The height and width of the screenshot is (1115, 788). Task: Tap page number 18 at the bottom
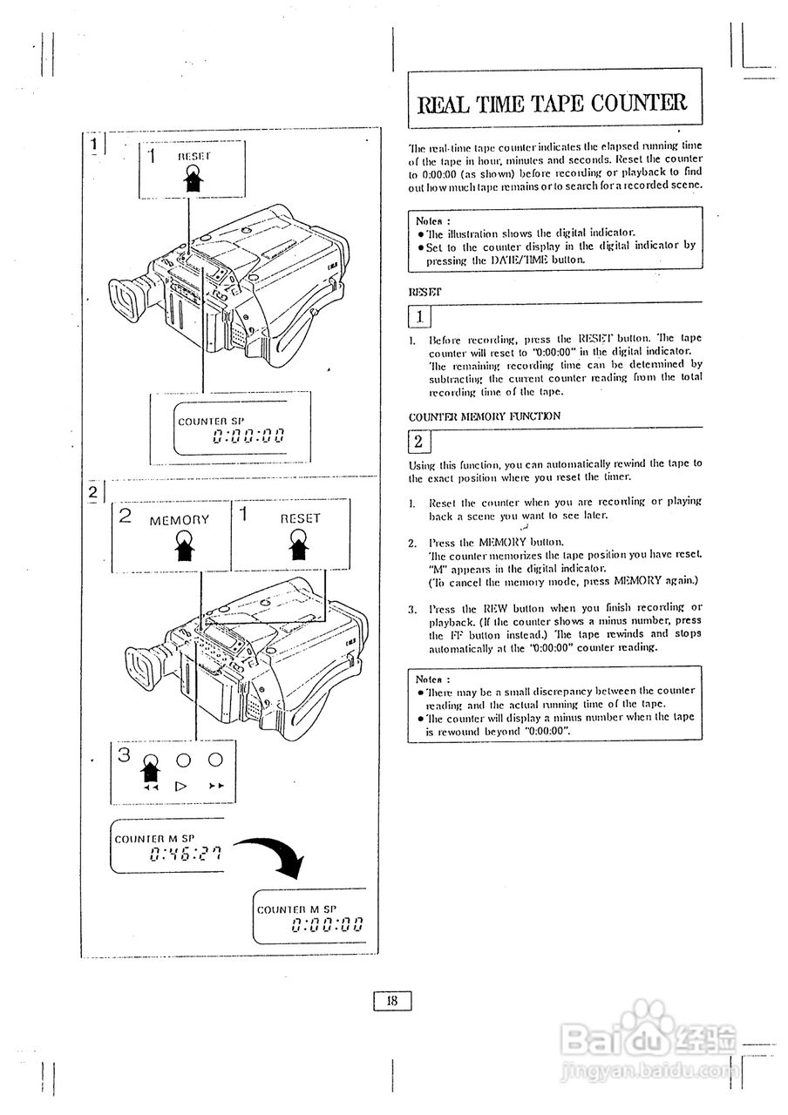(392, 1001)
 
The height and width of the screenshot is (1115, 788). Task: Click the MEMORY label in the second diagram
(180, 520)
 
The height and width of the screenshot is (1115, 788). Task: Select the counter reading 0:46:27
(185, 854)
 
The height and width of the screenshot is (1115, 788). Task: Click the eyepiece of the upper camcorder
(127, 299)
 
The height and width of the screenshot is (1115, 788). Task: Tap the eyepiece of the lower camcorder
(142, 665)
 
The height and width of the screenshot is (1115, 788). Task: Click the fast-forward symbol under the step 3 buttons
(216, 786)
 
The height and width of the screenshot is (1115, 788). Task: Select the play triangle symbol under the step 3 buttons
(182, 786)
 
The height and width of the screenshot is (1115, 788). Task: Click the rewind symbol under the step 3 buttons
(150, 786)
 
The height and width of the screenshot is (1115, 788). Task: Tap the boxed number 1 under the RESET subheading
(419, 315)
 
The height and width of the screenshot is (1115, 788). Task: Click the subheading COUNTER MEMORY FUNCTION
(485, 416)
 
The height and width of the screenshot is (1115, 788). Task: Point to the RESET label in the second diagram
(300, 518)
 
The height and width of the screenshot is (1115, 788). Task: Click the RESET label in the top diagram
(194, 156)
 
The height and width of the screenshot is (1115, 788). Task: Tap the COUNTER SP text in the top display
(210, 422)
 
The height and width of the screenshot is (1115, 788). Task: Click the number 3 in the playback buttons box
(125, 754)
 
